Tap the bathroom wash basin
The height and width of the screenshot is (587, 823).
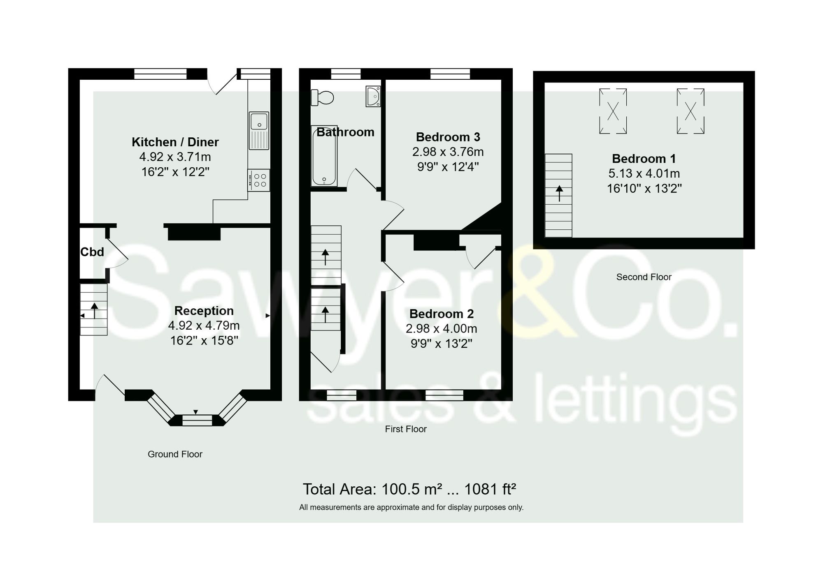pyautogui.click(x=373, y=97)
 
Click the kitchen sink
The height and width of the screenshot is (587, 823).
pyautogui.click(x=259, y=130)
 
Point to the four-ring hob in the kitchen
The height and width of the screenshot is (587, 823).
pyautogui.click(x=259, y=180)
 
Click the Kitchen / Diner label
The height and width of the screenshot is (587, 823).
pyautogui.click(x=175, y=142)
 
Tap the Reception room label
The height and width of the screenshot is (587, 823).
pyautogui.click(x=204, y=310)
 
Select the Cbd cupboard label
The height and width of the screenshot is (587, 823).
pyautogui.click(x=92, y=252)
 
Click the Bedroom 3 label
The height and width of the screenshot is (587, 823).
pyautogui.click(x=448, y=136)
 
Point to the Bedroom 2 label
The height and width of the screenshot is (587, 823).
pyautogui.click(x=441, y=314)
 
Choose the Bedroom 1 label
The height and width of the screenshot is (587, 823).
pyautogui.click(x=644, y=158)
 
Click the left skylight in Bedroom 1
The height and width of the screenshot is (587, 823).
pyautogui.click(x=613, y=111)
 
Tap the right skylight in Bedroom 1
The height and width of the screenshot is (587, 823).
pyautogui.click(x=690, y=111)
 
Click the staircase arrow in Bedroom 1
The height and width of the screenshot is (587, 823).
pyautogui.click(x=559, y=193)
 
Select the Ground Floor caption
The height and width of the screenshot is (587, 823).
pyautogui.click(x=175, y=454)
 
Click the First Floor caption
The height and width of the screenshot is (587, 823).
pyautogui.click(x=406, y=429)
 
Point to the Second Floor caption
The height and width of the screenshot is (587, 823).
pyautogui.click(x=644, y=277)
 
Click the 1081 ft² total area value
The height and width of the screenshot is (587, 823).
pyautogui.click(x=490, y=489)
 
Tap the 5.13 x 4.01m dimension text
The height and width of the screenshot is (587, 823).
pyautogui.click(x=644, y=173)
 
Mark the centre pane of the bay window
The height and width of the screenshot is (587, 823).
pyautogui.click(x=197, y=420)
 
